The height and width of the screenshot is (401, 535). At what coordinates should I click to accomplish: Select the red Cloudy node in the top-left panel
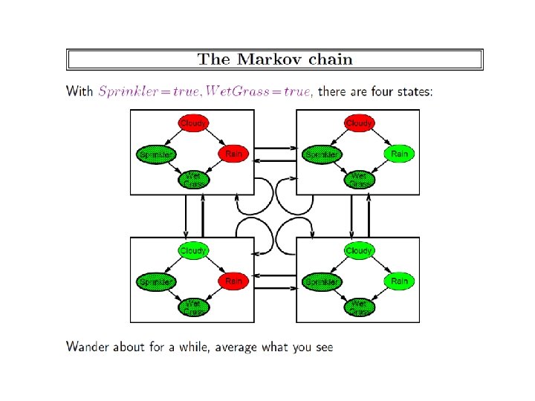[x=193, y=123]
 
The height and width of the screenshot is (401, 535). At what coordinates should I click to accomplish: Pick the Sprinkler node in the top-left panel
[x=155, y=154]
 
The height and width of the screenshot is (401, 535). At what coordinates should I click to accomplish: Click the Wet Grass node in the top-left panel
[x=193, y=178]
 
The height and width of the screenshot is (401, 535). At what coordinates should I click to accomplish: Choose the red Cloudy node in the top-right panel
[x=360, y=123]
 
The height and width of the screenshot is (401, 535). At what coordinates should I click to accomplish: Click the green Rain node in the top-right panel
[x=399, y=154]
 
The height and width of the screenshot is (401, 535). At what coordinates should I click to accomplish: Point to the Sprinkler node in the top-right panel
[x=321, y=154]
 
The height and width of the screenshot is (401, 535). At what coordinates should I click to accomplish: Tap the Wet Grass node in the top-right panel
[x=360, y=178]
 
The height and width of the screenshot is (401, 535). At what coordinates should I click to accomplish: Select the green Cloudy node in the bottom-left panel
[x=193, y=251]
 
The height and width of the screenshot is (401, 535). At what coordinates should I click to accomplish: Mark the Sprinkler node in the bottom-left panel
[x=155, y=281]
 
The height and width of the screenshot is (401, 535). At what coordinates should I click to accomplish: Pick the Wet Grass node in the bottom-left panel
[x=193, y=305]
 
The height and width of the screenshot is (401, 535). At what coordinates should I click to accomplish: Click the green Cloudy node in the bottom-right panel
[x=360, y=251]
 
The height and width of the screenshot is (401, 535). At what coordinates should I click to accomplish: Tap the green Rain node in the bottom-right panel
[x=399, y=281]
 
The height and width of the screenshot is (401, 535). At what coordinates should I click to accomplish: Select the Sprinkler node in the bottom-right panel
[x=321, y=281]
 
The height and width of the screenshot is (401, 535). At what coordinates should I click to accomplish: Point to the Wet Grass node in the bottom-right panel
[x=360, y=305]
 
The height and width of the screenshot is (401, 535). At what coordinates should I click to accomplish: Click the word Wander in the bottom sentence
[x=86, y=346]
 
